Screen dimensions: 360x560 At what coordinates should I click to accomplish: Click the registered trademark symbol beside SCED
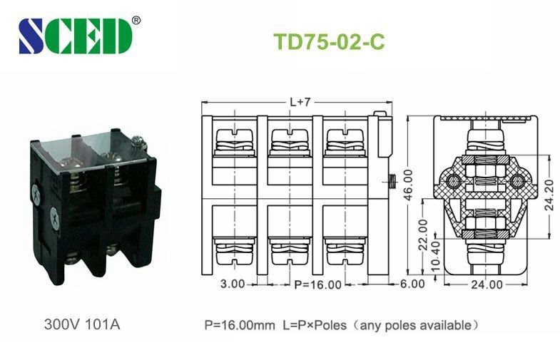(x=136, y=21)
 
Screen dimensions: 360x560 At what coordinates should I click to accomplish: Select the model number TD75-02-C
(x=329, y=41)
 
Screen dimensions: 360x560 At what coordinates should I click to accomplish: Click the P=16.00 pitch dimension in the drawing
(x=317, y=284)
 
